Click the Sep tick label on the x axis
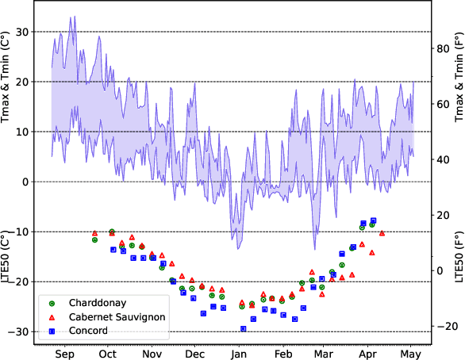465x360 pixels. [x=65, y=354]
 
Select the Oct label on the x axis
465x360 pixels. [x=108, y=354]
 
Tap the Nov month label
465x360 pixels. [x=152, y=354]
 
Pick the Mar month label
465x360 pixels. [x=323, y=354]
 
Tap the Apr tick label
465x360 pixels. [x=367, y=354]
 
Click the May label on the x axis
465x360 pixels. [x=409, y=354]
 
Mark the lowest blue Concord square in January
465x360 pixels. [x=243, y=328]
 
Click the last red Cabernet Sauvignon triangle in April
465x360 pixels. [x=382, y=233]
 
